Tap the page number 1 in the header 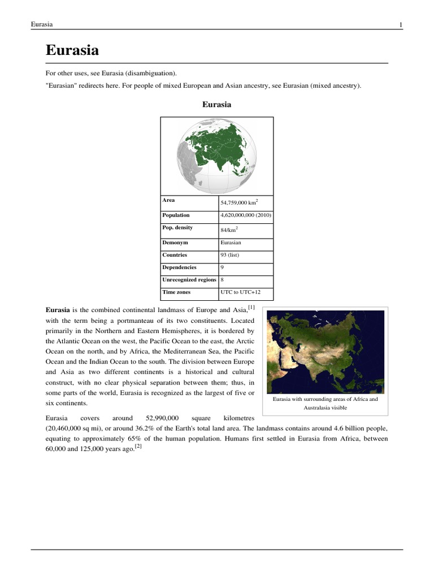(400, 24)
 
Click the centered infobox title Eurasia (216, 105)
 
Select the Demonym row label (175, 243)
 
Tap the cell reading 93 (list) (230, 255)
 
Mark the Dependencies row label (180, 267)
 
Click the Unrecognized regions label (189, 279)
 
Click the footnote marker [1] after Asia (251, 308)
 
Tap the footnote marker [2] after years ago (138, 446)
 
